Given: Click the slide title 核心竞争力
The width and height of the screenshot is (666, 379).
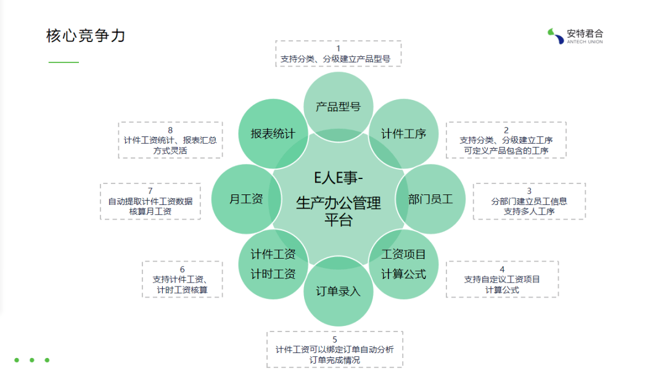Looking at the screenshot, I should click(86, 36).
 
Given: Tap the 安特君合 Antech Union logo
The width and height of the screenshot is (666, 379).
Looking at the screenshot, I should click(576, 36).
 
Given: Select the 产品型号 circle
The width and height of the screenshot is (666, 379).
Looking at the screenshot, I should click(338, 106).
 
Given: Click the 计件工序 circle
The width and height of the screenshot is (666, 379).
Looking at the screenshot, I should click(403, 134).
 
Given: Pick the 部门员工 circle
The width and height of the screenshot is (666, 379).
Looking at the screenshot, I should click(430, 199).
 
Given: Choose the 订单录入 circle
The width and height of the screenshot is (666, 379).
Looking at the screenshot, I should click(338, 292).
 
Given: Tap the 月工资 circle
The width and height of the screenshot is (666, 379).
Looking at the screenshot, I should click(246, 199).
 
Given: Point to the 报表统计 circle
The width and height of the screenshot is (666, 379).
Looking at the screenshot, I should click(273, 133).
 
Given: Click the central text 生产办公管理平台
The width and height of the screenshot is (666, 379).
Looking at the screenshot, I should click(338, 210).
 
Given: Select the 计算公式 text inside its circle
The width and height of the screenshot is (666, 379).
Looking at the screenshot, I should click(403, 274).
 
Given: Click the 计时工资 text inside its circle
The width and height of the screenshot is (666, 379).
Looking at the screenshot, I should click(273, 274).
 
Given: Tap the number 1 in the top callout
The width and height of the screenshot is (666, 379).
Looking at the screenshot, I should click(338, 48).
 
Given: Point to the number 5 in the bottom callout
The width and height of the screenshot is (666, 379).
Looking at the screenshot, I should click(335, 339).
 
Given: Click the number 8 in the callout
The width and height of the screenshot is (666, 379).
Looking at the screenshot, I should click(170, 130).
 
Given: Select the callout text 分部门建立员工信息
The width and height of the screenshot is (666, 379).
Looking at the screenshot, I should click(529, 201).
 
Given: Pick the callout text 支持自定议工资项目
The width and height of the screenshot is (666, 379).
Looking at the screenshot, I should click(502, 279).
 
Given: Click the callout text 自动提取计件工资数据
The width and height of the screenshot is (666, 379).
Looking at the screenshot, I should click(150, 201).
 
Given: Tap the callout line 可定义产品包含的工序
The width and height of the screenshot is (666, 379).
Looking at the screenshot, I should click(506, 150).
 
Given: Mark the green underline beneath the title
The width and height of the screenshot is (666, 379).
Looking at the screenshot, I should click(64, 62).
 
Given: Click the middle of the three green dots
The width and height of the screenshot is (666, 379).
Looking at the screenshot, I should click(31, 360).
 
